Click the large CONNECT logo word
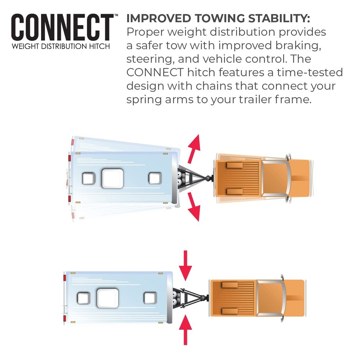click(62, 28)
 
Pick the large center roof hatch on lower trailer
click(108, 298)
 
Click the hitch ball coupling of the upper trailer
click(208, 179)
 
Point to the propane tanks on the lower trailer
click(177, 298)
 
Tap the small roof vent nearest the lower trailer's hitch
click(150, 298)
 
